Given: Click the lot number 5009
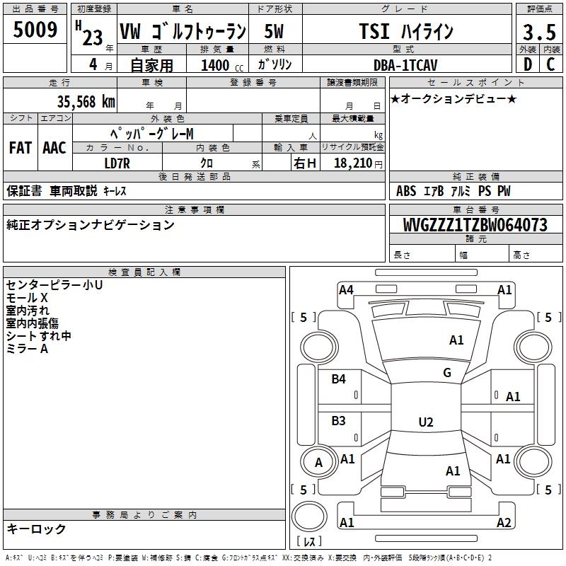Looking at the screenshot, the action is click(x=35, y=29).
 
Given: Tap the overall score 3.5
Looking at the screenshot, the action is click(x=539, y=32).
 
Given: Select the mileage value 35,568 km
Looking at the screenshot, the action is click(x=86, y=101).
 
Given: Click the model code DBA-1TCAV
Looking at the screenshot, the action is click(x=405, y=65).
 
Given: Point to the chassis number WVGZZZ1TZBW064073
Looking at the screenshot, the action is click(x=475, y=225).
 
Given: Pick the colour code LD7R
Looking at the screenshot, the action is click(x=117, y=163).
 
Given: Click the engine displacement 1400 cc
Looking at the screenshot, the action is click(x=221, y=65).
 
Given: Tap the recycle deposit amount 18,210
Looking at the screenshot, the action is click(x=352, y=163).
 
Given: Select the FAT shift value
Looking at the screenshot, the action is click(x=21, y=148).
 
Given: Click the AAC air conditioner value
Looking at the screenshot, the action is click(x=54, y=148).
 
